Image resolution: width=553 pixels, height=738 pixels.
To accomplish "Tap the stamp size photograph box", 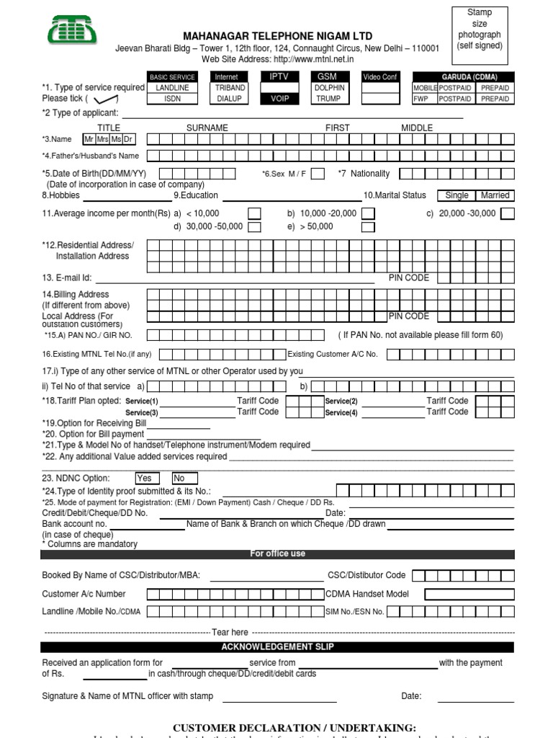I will click(x=480, y=34).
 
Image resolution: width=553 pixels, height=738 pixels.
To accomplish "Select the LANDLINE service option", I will click(x=172, y=88).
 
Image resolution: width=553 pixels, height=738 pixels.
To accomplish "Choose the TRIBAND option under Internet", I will click(x=230, y=88).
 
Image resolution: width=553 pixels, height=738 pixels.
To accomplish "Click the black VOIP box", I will click(x=279, y=99).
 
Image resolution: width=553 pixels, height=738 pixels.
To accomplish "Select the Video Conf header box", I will click(x=380, y=77).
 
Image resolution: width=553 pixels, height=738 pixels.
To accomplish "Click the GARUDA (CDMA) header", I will click(x=464, y=77).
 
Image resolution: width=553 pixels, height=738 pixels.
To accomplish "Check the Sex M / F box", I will click(x=318, y=174).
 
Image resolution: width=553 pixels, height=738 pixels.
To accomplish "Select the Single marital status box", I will click(x=457, y=195).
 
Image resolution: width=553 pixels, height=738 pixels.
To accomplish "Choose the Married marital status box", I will click(x=495, y=195).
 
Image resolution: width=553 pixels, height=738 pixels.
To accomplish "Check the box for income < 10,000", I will click(x=255, y=213).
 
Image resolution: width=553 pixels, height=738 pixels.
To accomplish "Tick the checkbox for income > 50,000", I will click(x=368, y=227).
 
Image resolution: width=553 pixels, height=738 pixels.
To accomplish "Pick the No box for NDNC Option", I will click(x=184, y=478).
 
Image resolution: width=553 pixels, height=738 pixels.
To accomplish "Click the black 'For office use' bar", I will click(x=278, y=553).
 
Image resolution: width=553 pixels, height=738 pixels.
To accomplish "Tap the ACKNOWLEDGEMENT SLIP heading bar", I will click(x=278, y=647).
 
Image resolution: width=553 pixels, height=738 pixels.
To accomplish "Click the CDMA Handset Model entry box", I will click(x=469, y=595).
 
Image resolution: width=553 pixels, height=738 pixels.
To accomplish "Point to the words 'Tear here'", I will click(x=230, y=632).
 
